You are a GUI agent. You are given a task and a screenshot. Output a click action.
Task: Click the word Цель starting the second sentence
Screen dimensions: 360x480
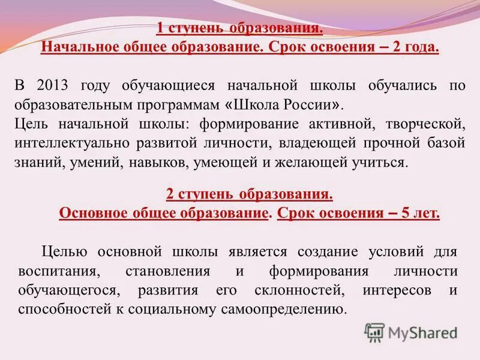30,124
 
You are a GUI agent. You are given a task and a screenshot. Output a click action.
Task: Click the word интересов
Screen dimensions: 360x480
395,290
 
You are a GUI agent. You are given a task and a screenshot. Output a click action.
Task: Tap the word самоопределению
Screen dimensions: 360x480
285,310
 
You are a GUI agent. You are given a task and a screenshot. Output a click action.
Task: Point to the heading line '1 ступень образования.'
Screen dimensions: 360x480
240,29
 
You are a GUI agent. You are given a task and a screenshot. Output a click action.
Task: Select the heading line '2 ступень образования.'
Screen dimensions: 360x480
249,194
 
